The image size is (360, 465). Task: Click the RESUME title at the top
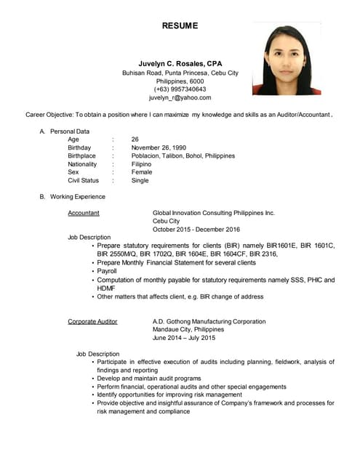tap(180, 25)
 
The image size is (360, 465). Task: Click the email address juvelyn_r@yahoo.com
tap(180, 98)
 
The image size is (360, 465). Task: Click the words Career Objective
tap(49, 115)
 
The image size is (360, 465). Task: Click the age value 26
tap(135, 139)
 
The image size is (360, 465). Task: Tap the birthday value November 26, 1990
tap(159, 147)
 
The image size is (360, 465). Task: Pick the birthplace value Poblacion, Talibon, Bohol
tap(183, 155)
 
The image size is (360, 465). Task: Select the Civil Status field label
tap(83, 180)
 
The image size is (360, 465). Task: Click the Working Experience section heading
tap(77, 197)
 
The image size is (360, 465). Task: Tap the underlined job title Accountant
tap(84, 213)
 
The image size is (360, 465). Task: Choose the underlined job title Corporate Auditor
tap(92, 321)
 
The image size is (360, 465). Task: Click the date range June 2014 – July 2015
tap(184, 338)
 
